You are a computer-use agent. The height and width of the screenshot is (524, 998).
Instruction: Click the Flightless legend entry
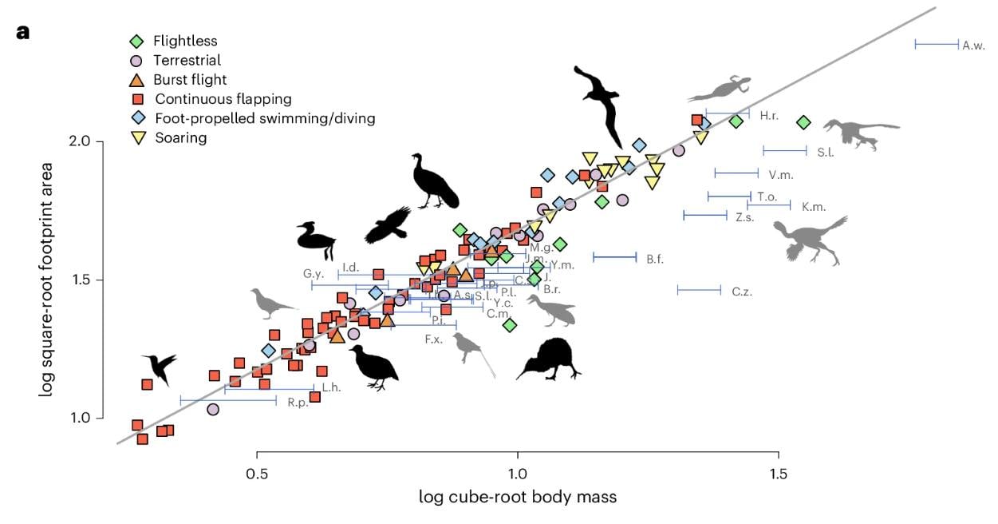pos(185,41)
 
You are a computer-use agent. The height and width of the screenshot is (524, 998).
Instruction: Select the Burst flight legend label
pos(190,80)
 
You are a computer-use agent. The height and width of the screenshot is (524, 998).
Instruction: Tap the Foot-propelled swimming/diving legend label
pos(265,118)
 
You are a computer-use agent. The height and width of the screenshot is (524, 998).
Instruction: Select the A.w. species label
pos(973,46)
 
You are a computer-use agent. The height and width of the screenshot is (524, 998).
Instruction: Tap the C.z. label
pos(742,292)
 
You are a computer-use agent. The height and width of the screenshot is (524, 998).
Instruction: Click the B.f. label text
pos(656,259)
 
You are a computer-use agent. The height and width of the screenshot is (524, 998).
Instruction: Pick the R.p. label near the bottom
pos(298,403)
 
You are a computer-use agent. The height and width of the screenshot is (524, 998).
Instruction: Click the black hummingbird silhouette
pos(160,367)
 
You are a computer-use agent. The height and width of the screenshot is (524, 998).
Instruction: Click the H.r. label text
pos(769,116)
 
